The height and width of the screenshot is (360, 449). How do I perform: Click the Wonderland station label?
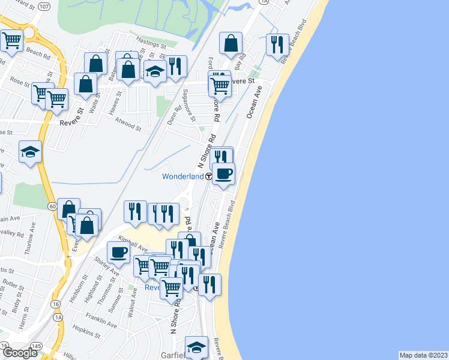click(182, 176)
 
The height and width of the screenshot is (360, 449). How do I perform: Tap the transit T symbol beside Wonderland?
click(208, 177)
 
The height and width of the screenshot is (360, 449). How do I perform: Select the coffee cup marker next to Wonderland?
click(223, 174)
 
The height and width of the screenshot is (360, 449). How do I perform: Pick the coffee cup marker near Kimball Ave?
click(118, 253)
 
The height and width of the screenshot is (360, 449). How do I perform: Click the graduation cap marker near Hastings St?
click(155, 71)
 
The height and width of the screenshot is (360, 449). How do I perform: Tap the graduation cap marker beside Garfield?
click(196, 347)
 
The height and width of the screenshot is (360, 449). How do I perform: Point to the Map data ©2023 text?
click(423, 355)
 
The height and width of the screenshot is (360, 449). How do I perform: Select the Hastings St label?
click(151, 45)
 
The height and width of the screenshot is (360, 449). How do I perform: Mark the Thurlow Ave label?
click(33, 236)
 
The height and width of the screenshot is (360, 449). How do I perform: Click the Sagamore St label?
click(189, 105)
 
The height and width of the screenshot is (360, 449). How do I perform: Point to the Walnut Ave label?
click(131, 306)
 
